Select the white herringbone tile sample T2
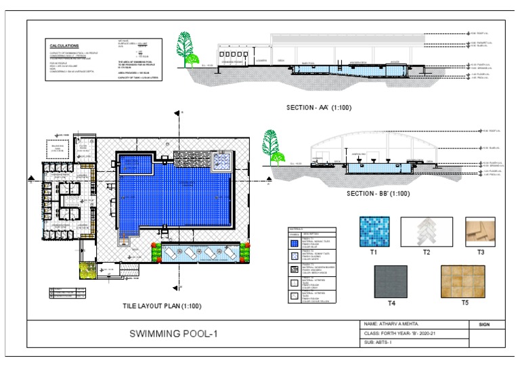coord(427,230)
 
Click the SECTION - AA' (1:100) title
coord(318,108)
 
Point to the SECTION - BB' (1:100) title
coord(377,194)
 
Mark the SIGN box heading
coord(484,325)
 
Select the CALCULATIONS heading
coord(65,45)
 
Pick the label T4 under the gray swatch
coord(391,302)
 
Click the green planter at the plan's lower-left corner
coord(87,269)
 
